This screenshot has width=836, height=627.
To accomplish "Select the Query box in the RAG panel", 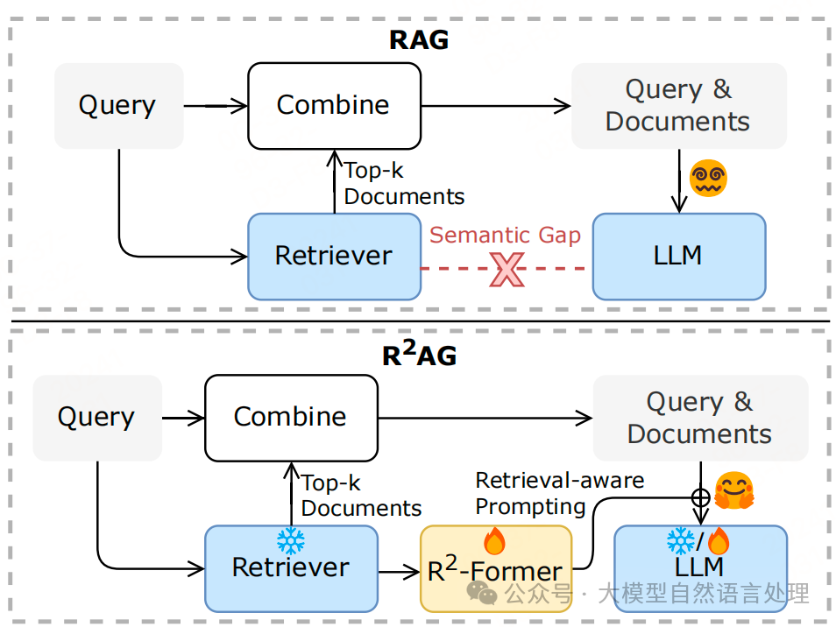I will point(118,105).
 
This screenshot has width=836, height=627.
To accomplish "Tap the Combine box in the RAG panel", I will point(333,105).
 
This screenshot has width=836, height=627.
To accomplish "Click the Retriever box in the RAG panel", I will point(334,256).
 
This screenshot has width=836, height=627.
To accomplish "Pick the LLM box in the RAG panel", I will point(678,256).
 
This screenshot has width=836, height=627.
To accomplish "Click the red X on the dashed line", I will point(507,269).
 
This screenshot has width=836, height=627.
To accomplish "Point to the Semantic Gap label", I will point(505,235).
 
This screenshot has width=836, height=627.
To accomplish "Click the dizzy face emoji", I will point(708,179).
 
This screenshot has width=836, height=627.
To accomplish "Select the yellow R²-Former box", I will point(495,569).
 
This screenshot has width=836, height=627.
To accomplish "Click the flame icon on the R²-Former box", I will point(494,542).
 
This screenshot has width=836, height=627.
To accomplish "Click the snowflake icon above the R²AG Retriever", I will point(289,539).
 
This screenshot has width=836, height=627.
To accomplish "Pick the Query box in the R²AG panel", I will point(96,418).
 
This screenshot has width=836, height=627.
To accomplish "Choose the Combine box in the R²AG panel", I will point(290,417).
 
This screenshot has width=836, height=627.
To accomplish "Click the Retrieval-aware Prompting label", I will point(559,493).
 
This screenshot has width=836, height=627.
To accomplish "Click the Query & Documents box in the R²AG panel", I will point(700,418).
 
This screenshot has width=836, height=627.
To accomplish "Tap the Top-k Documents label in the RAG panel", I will point(403,183).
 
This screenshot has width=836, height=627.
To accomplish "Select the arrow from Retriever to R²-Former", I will point(399,572).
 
